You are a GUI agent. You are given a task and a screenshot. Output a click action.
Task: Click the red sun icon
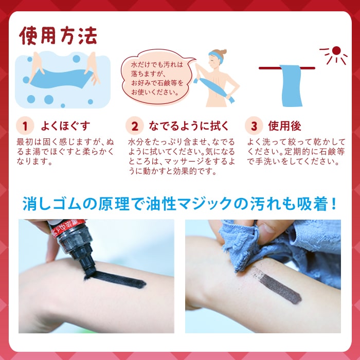pos(336,51)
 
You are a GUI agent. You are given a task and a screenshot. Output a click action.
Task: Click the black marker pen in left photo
pos(75,244)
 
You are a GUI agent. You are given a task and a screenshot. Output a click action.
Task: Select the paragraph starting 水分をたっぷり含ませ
pos(182,156)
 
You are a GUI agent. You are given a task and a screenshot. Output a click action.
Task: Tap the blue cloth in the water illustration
pos(62,77)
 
